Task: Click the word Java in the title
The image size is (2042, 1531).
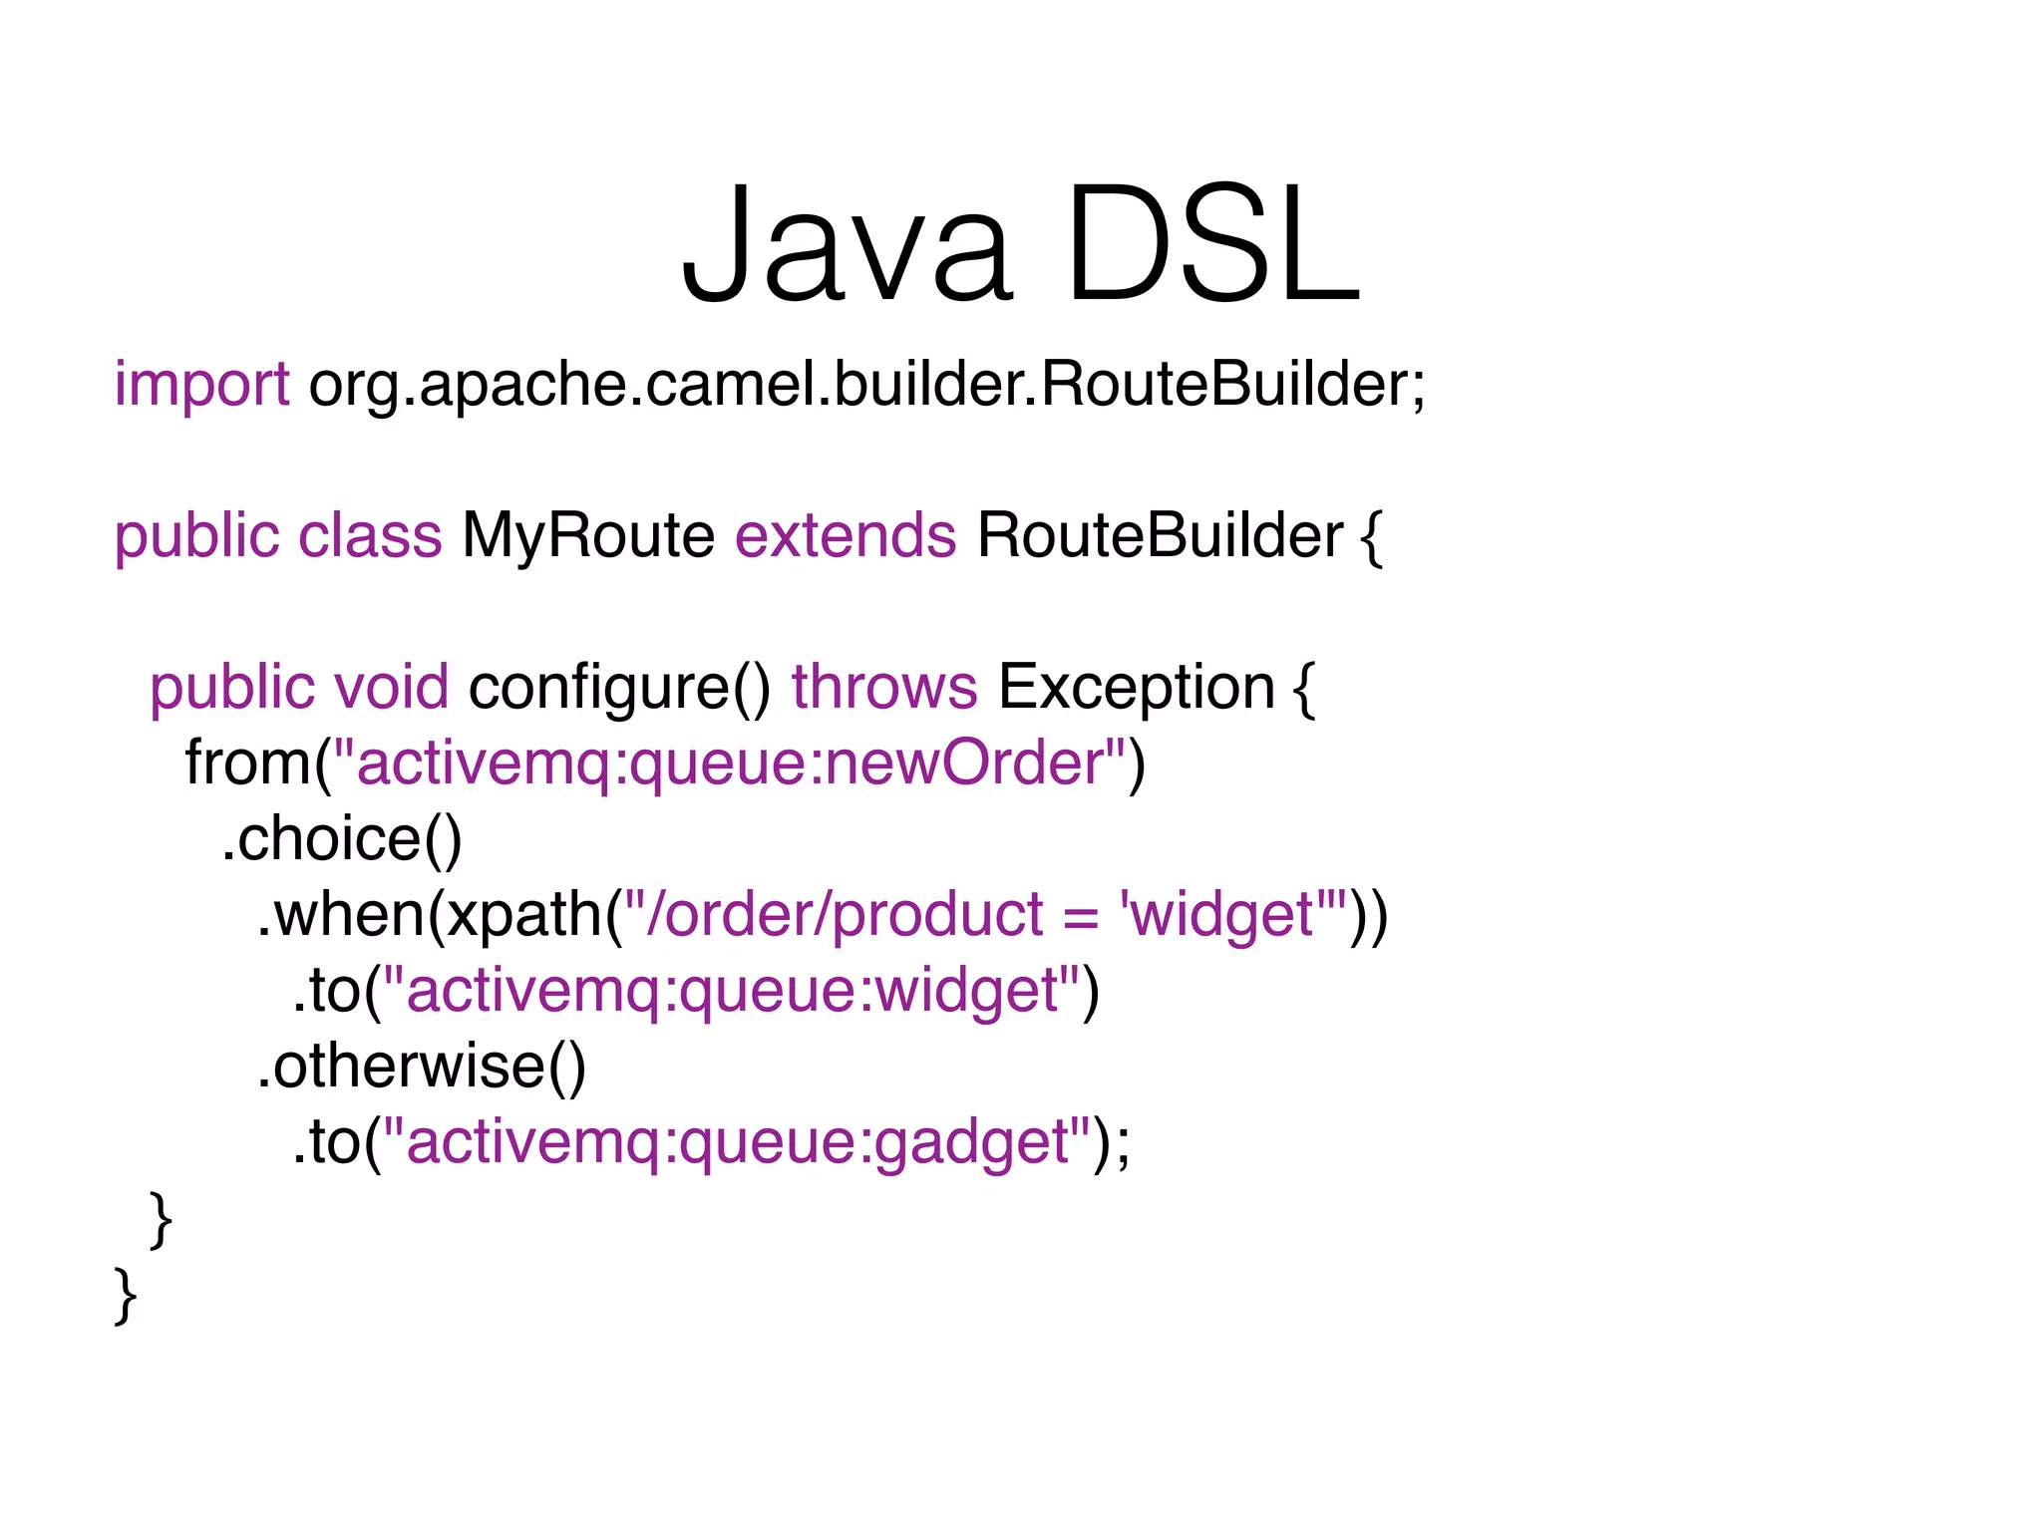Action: (847, 244)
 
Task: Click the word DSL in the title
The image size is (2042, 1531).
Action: (1212, 244)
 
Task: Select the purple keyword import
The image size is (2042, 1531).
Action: (201, 385)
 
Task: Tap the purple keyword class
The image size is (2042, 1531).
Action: (370, 536)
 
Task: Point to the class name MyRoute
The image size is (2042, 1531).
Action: (588, 536)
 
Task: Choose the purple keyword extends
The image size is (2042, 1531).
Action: (846, 536)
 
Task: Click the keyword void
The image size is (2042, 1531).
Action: (391, 688)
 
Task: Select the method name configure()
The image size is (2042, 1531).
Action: (619, 688)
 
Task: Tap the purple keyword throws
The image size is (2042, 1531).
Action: (884, 688)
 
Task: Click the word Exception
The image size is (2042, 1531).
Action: (1137, 688)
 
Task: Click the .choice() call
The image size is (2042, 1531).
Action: (342, 839)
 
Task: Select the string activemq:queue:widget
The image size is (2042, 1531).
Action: (731, 991)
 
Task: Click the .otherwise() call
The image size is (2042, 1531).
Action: (422, 1067)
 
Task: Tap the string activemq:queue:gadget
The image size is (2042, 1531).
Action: (737, 1142)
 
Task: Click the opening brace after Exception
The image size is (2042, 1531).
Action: (1304, 688)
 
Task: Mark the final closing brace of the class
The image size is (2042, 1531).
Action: (126, 1296)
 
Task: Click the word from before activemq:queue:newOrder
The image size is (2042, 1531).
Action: (248, 764)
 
